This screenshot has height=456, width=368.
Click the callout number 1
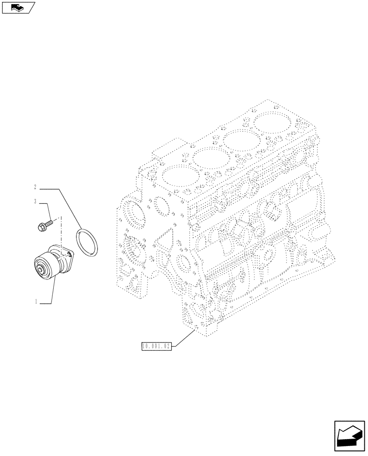point(35,302)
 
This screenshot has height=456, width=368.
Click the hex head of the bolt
point(41,225)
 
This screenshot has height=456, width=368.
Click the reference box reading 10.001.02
point(156,347)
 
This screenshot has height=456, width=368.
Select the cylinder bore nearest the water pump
point(178,177)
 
